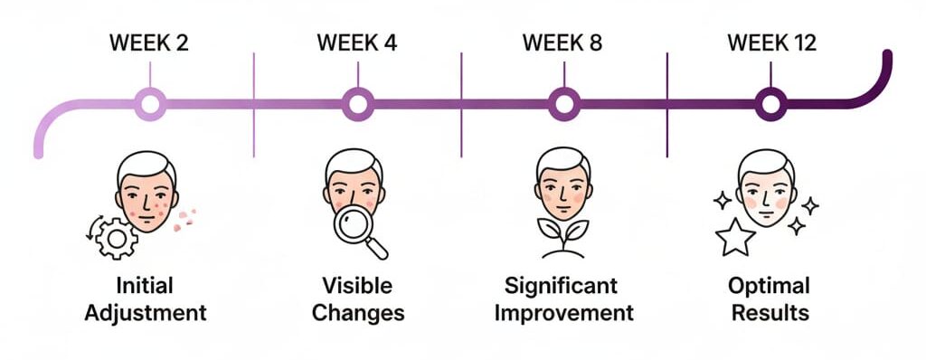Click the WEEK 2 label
coord(149,43)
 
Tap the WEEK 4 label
coord(356,43)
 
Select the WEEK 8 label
coord(563,43)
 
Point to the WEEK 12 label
coord(770,43)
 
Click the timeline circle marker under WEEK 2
coord(150,104)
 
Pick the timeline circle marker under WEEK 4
coord(357,104)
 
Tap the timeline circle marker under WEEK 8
coord(564,104)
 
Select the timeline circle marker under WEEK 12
coord(771,104)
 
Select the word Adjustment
coord(149,314)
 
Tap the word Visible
coord(357,287)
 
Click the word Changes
coord(357,314)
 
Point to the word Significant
coord(564,287)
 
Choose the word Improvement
coord(564,314)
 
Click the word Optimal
coord(770,287)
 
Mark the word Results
coord(770,314)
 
